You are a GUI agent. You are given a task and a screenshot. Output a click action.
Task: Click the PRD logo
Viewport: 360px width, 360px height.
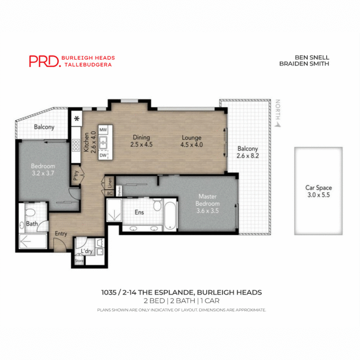[44, 61]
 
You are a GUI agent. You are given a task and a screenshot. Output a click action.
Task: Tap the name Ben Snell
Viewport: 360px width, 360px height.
[312, 58]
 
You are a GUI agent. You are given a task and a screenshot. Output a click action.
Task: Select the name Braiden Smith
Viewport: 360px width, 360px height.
[305, 64]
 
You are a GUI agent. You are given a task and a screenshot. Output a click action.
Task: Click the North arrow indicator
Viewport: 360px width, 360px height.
[279, 112]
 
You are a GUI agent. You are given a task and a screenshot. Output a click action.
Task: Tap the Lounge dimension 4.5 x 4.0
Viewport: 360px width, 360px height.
[192, 145]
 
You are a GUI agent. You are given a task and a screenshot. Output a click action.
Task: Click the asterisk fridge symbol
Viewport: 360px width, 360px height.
[76, 119]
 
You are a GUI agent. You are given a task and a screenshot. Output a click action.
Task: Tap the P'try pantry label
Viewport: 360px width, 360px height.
[76, 174]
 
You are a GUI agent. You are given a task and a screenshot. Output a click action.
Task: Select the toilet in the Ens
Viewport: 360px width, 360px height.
[157, 205]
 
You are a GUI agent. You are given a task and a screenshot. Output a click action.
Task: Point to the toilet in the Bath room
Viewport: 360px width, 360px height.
[30, 213]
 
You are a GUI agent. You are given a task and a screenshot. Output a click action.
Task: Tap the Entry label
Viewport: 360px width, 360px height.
[61, 234]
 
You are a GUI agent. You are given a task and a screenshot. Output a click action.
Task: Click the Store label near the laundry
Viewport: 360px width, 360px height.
[79, 260]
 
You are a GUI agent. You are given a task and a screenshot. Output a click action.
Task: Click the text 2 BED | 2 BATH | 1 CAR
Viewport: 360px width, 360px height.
[181, 301]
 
